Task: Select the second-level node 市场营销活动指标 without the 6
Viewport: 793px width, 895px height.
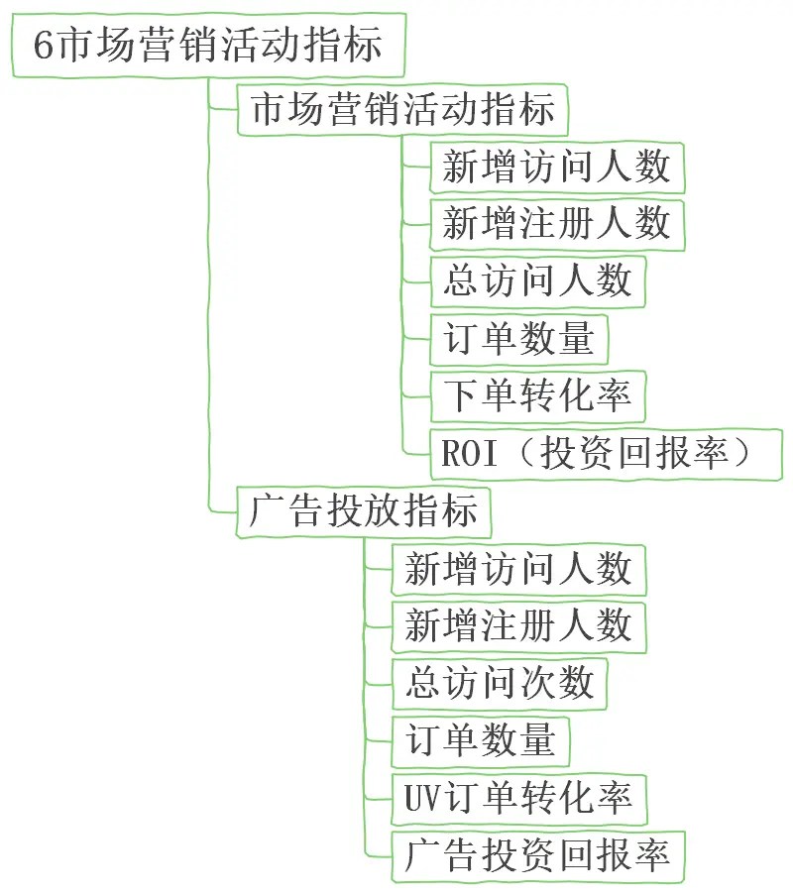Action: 402,109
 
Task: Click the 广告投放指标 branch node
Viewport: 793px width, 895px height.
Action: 364,511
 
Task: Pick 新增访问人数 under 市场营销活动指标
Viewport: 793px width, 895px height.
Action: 556,167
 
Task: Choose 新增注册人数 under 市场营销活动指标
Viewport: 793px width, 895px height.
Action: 556,224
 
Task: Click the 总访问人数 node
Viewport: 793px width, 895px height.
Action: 536,281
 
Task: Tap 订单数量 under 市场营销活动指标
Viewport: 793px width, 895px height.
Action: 517,339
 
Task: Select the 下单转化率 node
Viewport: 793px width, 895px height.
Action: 536,396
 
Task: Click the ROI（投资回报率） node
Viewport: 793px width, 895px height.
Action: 606,454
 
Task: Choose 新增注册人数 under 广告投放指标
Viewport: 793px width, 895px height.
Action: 517,626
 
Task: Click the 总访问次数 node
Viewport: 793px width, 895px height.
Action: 499,684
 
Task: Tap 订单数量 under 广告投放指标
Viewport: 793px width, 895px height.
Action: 480,741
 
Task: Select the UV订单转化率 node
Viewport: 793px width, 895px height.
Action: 517,799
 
